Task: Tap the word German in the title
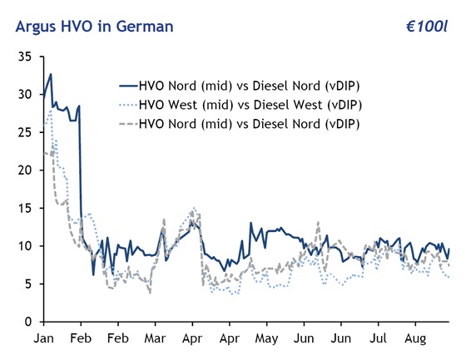[x=143, y=27]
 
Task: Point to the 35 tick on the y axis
[x=24, y=57]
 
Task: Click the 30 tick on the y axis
[x=24, y=94]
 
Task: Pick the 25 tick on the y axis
[x=24, y=132]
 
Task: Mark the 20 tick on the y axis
[x=24, y=170]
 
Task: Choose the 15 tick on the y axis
[x=24, y=208]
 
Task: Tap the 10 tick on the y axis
[x=24, y=245]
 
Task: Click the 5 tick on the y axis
[x=27, y=284]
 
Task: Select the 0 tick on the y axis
[x=27, y=321]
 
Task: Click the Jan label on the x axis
[x=43, y=339]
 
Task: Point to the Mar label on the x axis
[x=156, y=339]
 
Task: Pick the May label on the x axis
[x=266, y=339]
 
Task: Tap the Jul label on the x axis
[x=378, y=339]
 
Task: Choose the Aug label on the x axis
[x=415, y=339]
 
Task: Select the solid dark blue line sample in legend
[x=127, y=85]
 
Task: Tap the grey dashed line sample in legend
[x=127, y=123]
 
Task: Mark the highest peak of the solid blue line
[x=51, y=74]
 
